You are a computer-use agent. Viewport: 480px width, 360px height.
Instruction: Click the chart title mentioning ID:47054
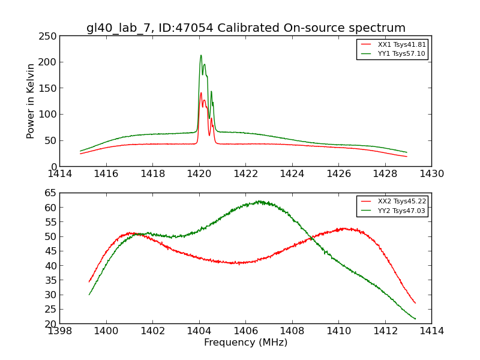point(245,28)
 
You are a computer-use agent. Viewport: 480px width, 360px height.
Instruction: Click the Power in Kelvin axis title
point(31,101)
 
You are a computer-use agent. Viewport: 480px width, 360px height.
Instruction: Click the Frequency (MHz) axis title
point(245,343)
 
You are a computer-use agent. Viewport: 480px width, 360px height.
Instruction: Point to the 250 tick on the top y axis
point(48,35)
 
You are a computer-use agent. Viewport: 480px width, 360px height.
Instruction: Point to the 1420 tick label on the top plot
point(199,174)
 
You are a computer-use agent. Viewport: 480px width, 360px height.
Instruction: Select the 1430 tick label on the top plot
point(431,174)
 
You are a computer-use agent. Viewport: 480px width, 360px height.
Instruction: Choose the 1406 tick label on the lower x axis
point(245,331)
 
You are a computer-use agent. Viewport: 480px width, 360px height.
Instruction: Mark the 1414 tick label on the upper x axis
point(59,174)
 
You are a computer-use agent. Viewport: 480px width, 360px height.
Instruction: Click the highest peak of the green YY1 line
point(201,55)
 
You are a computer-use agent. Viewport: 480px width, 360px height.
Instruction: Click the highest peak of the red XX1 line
point(201,93)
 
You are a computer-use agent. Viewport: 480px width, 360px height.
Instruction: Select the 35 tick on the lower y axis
point(51,280)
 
